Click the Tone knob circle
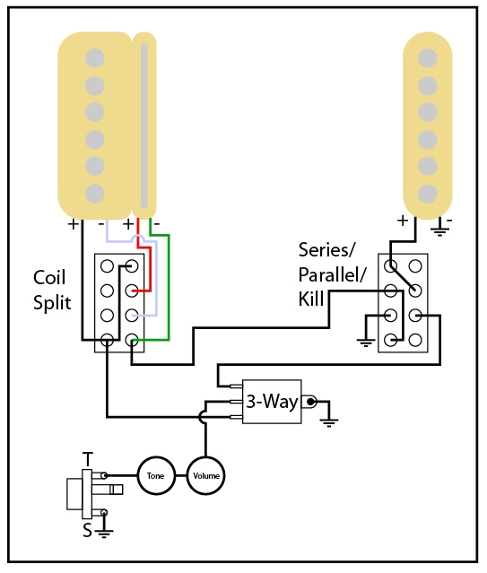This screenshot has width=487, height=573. pos(154,474)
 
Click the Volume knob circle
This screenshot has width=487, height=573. pos(205,474)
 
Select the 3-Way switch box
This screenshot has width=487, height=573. pos(272,402)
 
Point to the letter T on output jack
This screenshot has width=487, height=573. pos(87,459)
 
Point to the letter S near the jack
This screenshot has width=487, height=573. pos(87,530)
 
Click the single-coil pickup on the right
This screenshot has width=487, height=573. pos(428,121)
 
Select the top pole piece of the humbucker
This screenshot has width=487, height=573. pos(91,58)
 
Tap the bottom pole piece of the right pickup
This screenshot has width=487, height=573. pos(428,191)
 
